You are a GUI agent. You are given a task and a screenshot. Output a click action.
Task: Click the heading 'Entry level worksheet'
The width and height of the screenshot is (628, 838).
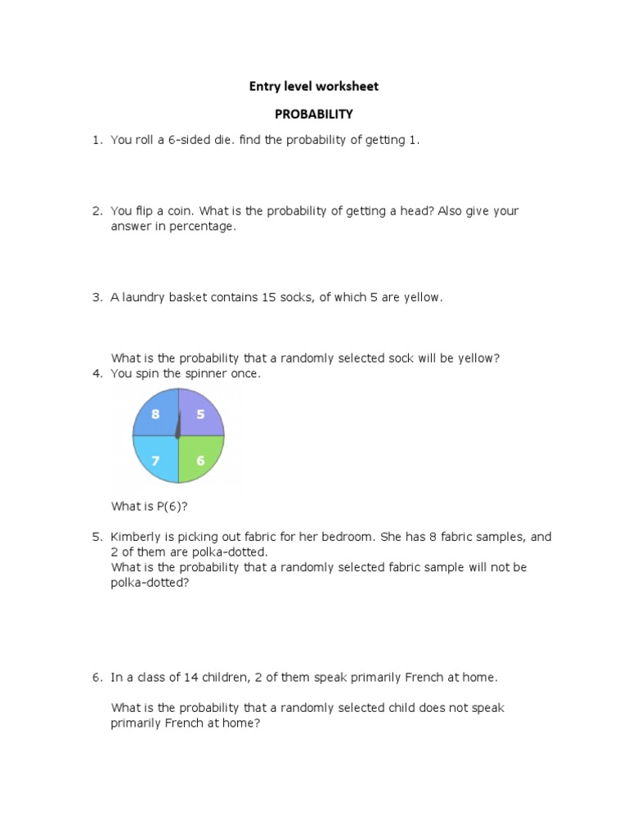pyautogui.click(x=314, y=86)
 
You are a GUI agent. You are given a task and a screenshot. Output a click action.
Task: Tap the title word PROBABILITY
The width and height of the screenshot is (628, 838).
pyautogui.click(x=314, y=114)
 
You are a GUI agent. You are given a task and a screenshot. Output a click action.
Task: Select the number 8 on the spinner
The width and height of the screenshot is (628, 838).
pyautogui.click(x=155, y=414)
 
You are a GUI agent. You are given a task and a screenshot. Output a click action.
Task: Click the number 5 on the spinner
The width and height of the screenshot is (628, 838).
pyautogui.click(x=200, y=414)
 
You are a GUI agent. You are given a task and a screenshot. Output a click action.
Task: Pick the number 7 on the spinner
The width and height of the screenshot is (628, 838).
pyautogui.click(x=155, y=460)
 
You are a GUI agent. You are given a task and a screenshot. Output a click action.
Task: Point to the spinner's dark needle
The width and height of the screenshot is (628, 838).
pyautogui.click(x=178, y=425)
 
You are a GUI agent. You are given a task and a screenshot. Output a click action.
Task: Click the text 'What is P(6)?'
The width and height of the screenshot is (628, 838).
pyautogui.click(x=150, y=507)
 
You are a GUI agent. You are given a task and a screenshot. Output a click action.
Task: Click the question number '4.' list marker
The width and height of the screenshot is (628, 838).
pyautogui.click(x=96, y=374)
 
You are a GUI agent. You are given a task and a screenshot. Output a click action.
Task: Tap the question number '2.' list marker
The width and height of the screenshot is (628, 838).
pyautogui.click(x=96, y=211)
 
